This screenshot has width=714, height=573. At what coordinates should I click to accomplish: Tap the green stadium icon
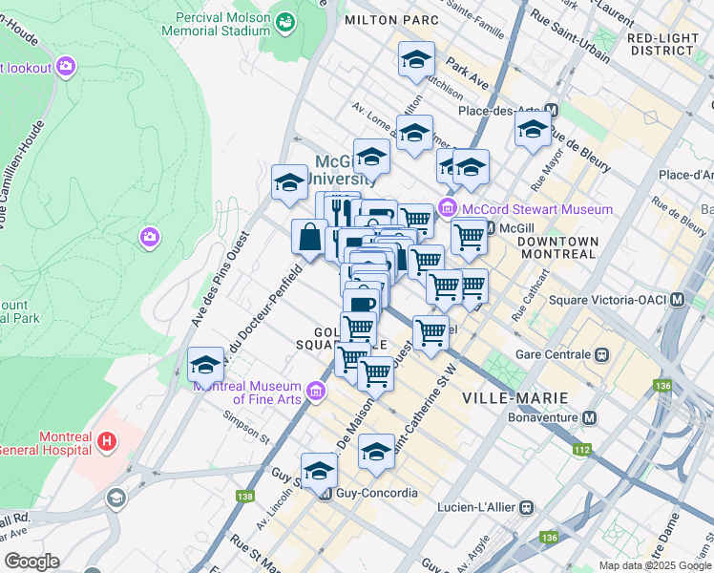(x=283, y=20)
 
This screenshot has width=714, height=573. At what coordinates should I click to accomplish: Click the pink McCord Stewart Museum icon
(x=446, y=209)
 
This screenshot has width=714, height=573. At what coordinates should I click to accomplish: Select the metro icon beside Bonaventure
(x=590, y=417)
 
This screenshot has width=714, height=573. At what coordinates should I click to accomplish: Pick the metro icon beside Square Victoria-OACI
(x=678, y=299)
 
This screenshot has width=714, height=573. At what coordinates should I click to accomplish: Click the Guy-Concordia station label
(x=377, y=494)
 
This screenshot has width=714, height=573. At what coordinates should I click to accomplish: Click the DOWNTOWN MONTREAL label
(x=557, y=249)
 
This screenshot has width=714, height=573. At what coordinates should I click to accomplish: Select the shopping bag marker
(x=310, y=236)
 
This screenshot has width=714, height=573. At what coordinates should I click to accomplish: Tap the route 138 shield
(x=245, y=496)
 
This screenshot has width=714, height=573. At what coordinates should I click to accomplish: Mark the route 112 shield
(x=578, y=449)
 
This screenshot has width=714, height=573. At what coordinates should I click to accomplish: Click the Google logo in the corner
(x=31, y=562)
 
